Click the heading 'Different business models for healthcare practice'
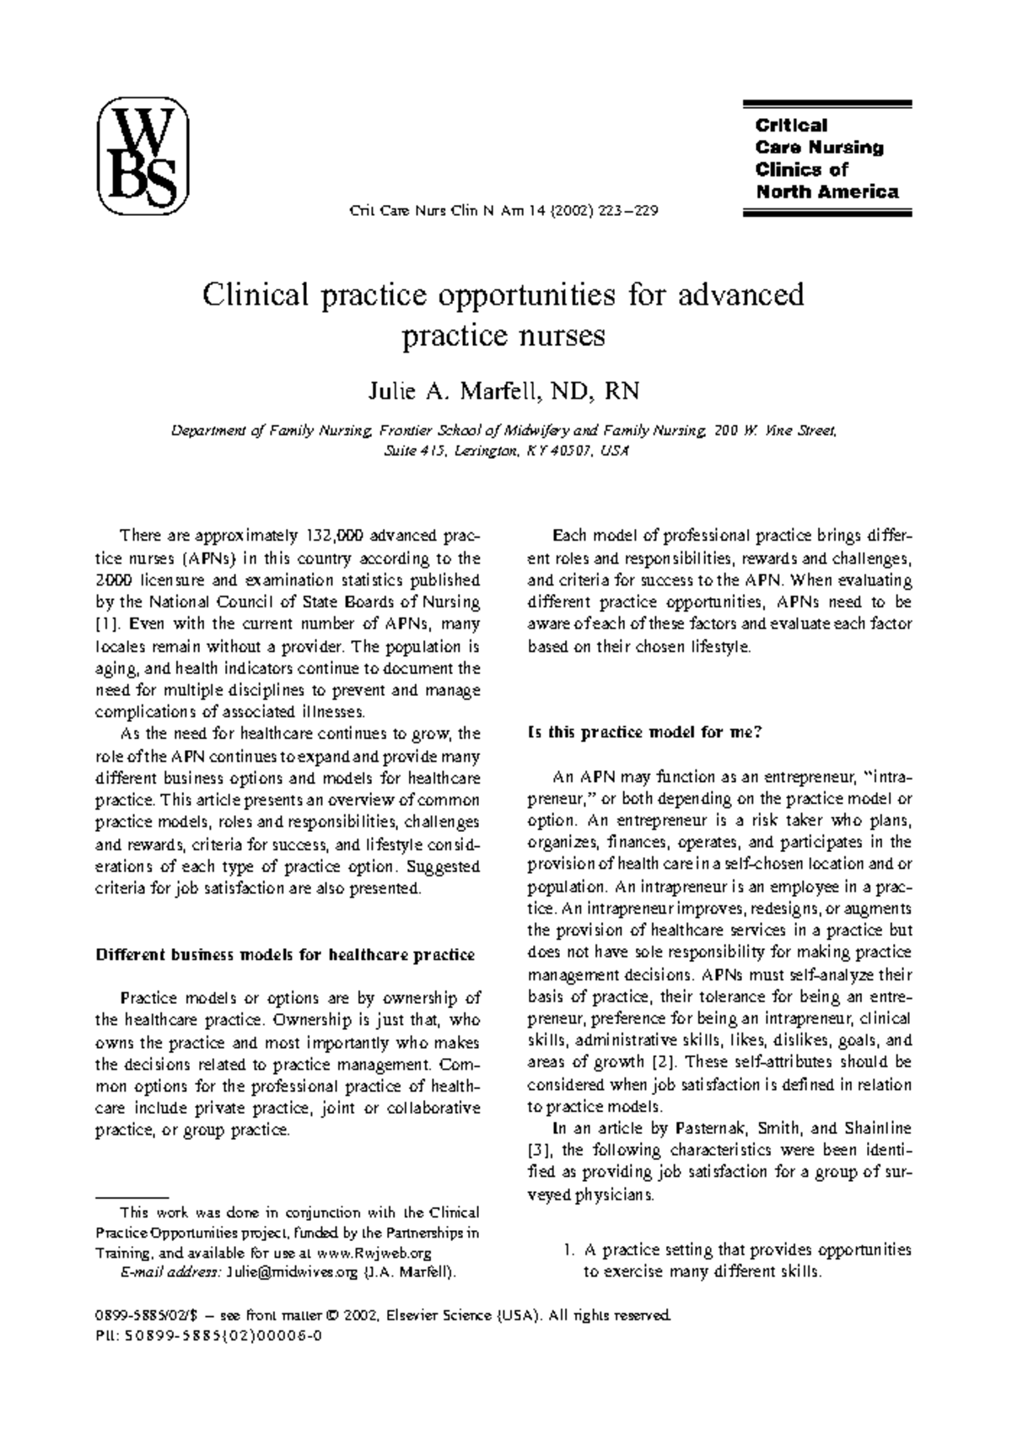pyautogui.click(x=285, y=955)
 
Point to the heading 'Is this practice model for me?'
pyautogui.click(x=644, y=732)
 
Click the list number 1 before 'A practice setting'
pyautogui.click(x=568, y=1249)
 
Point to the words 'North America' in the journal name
pyautogui.click(x=826, y=192)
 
